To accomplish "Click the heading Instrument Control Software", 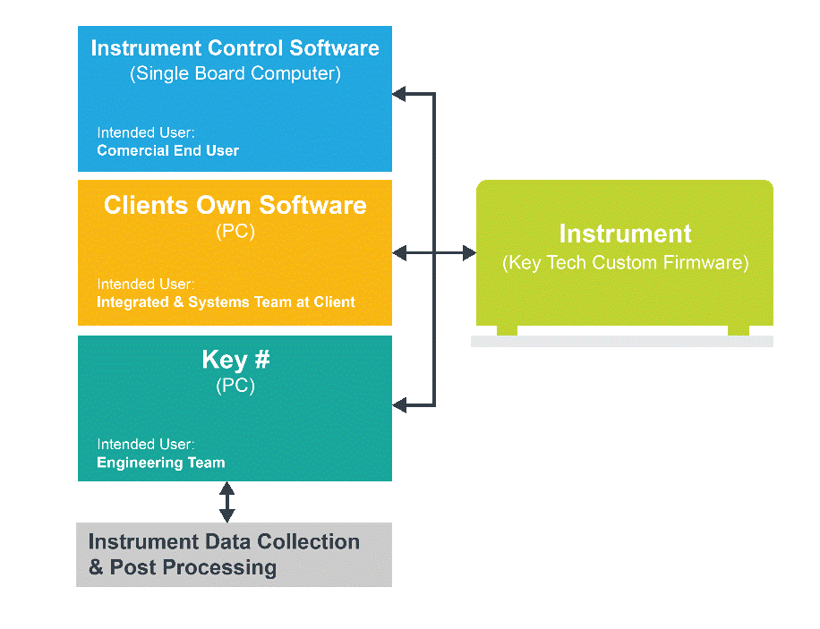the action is click(235, 48).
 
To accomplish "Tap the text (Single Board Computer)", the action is click(235, 73).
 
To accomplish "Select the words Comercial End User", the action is click(168, 150).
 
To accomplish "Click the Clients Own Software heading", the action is click(235, 205).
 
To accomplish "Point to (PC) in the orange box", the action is click(235, 231).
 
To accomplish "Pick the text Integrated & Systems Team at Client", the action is click(226, 302).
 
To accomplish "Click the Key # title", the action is click(235, 360).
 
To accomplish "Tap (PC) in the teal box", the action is click(235, 386).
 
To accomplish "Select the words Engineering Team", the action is click(161, 463).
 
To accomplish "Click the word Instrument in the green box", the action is click(626, 234).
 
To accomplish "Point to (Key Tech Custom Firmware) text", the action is click(626, 262).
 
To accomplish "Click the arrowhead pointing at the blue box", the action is click(398, 94).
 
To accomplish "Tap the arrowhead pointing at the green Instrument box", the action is click(470, 253).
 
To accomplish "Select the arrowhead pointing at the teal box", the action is click(398, 405).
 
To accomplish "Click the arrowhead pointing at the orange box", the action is click(398, 253).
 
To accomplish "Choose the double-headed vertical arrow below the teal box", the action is click(227, 502).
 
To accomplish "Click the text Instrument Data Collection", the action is click(224, 541).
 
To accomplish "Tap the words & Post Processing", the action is click(183, 567).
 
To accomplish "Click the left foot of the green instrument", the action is click(507, 330).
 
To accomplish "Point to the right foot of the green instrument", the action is click(739, 330).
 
